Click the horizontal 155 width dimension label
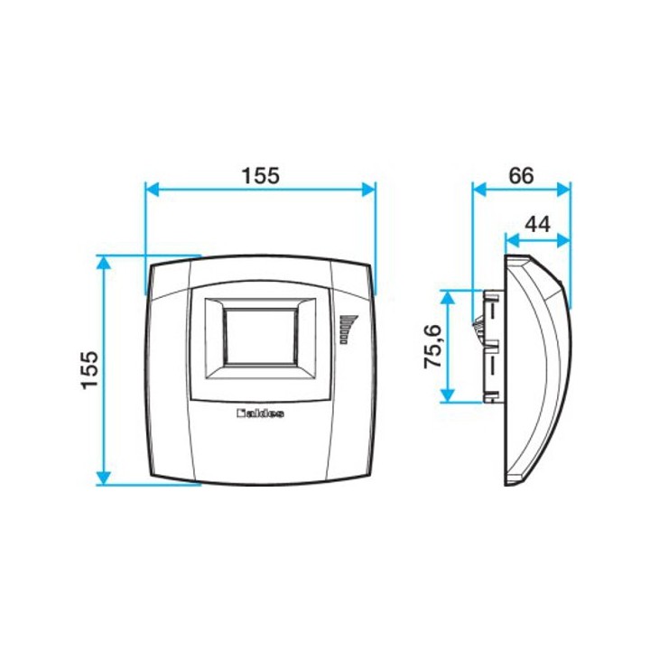click(x=260, y=175)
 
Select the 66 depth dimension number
click(x=521, y=175)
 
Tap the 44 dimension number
click(x=538, y=225)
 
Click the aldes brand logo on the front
click(x=260, y=413)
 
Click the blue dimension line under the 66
click(x=522, y=189)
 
